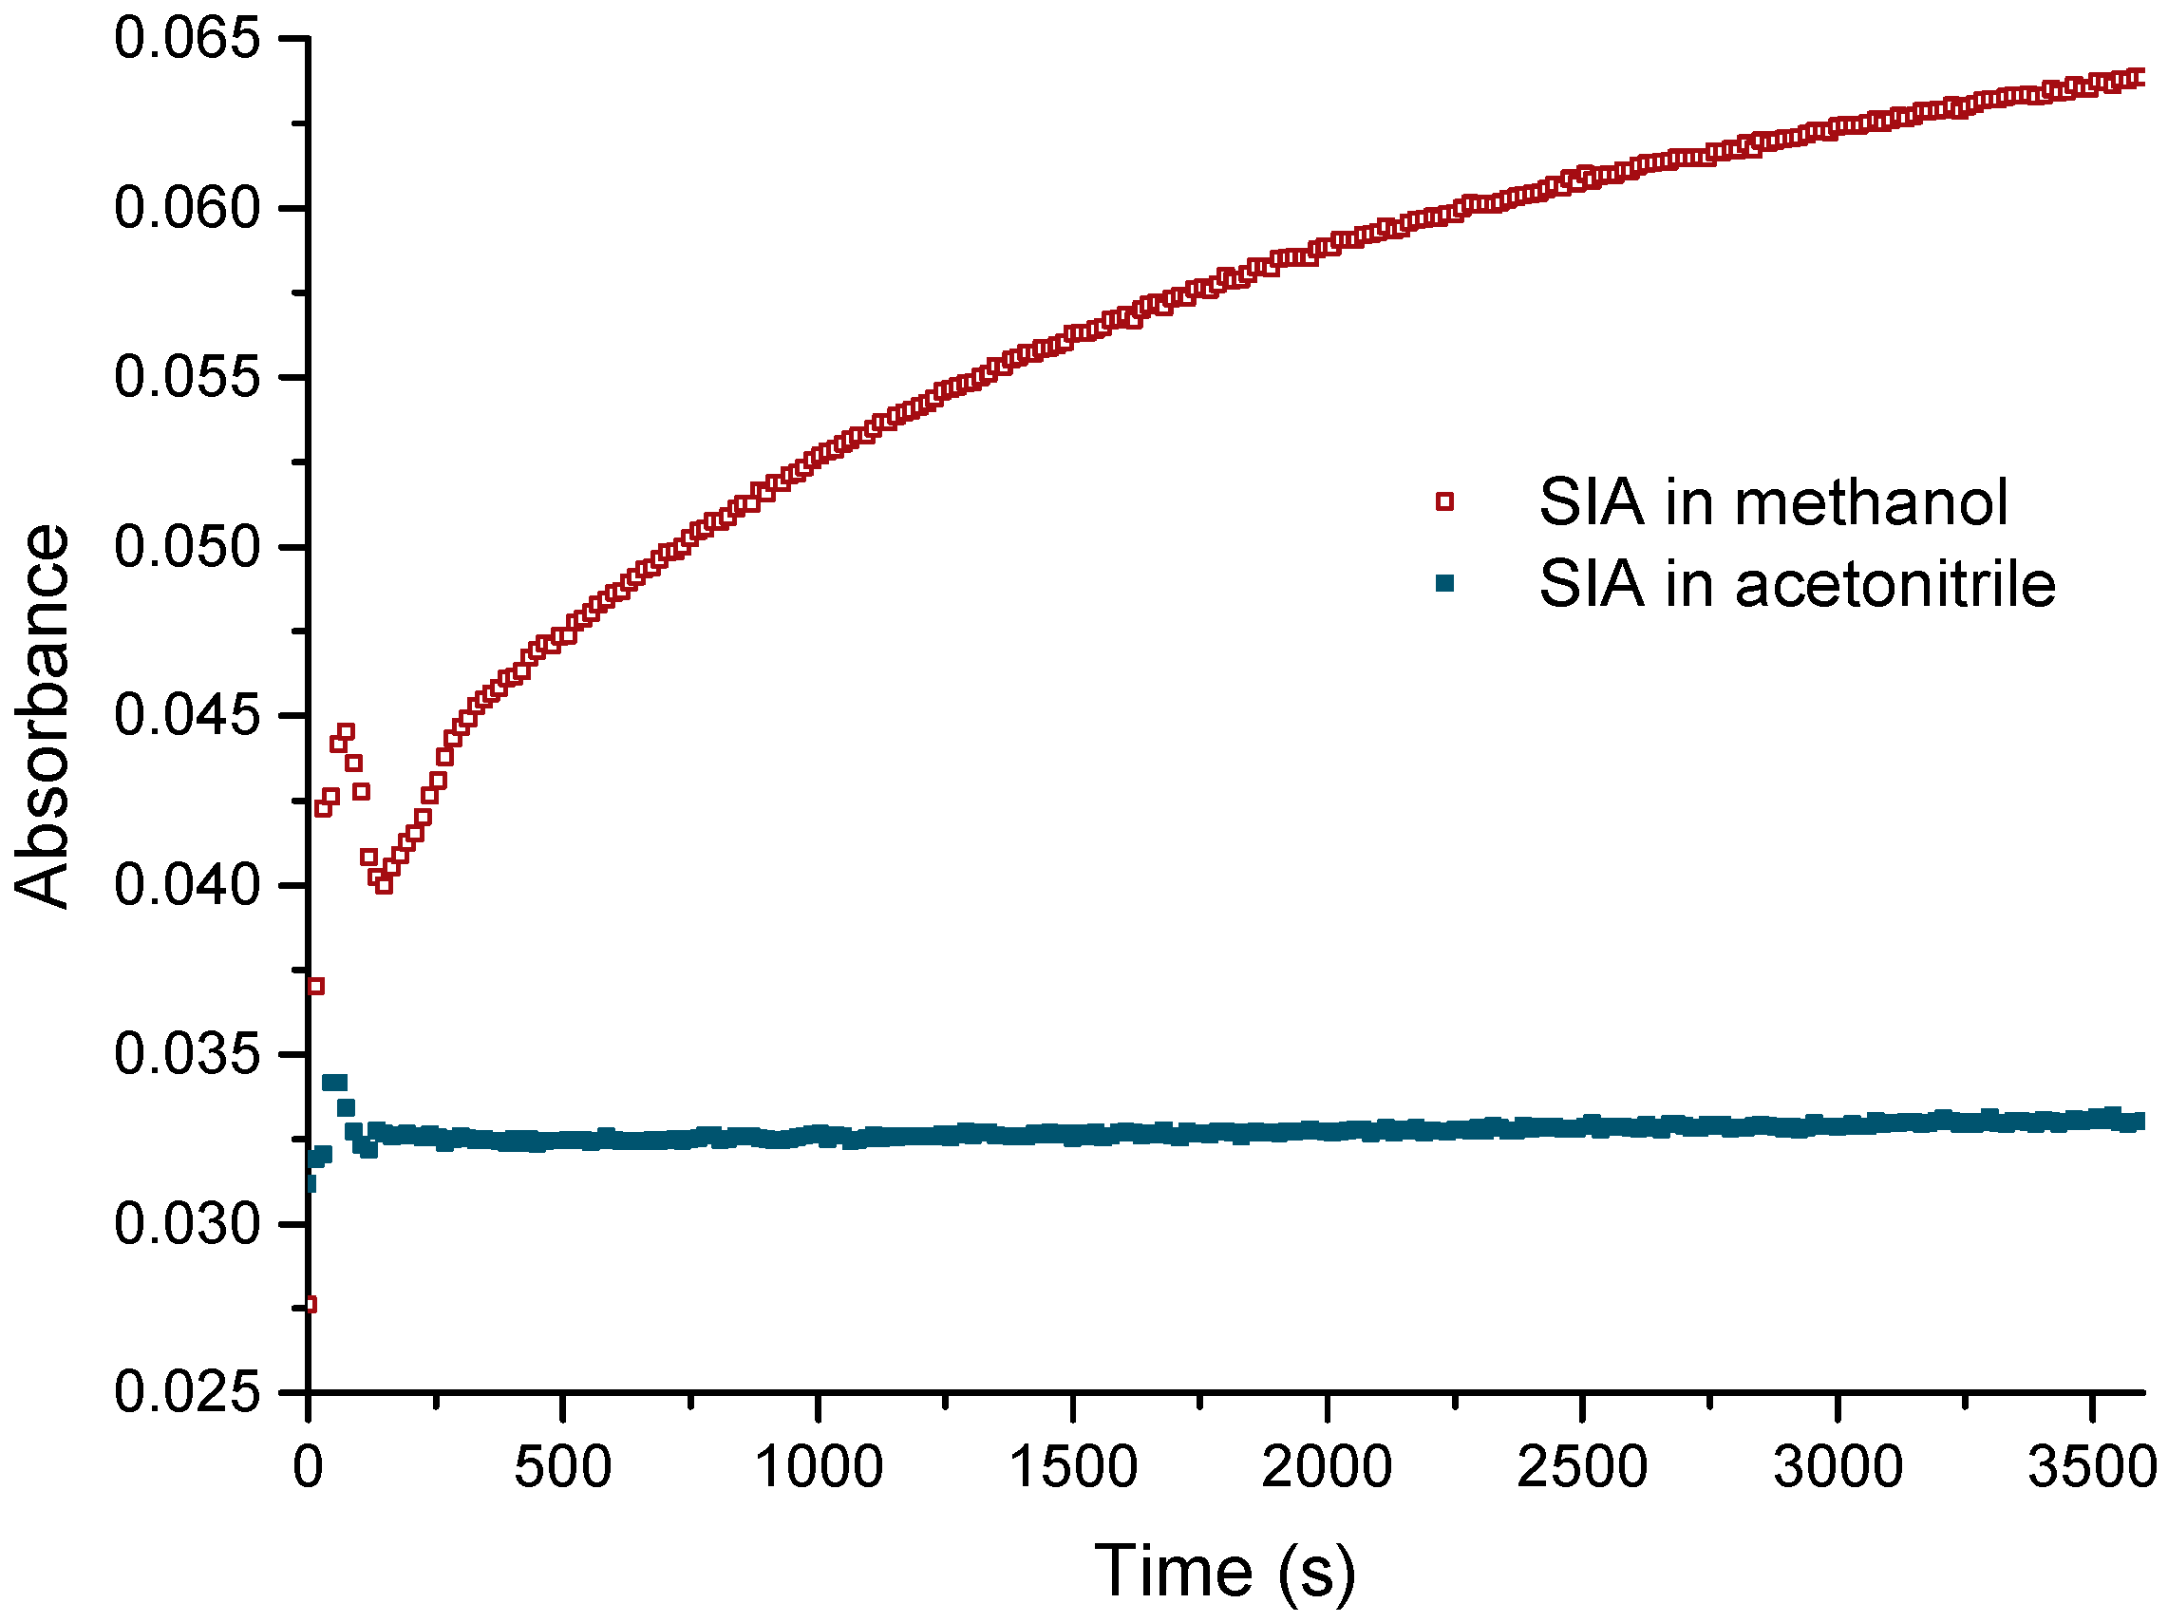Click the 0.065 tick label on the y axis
pyautogui.click(x=187, y=39)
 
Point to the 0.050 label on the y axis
pyautogui.click(x=187, y=547)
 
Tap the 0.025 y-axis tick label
pyautogui.click(x=187, y=1391)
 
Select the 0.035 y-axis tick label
pyautogui.click(x=187, y=1054)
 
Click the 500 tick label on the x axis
pyautogui.click(x=562, y=1467)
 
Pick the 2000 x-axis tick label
pyautogui.click(x=1326, y=1467)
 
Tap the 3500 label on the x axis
pyautogui.click(x=2090, y=1467)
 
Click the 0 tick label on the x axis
pyautogui.click(x=309, y=1467)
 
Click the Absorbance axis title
pyautogui.click(x=41, y=716)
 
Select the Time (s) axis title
pyautogui.click(x=1225, y=1572)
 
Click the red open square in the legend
pyautogui.click(x=1444, y=501)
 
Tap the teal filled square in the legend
pyautogui.click(x=1444, y=584)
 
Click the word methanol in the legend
pyautogui.click(x=1871, y=501)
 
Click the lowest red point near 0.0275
pyautogui.click(x=310, y=1305)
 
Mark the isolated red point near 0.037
pyautogui.click(x=315, y=986)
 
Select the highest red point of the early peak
pyautogui.click(x=346, y=732)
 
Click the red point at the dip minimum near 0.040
pyautogui.click(x=385, y=885)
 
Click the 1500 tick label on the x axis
pyautogui.click(x=1073, y=1467)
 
